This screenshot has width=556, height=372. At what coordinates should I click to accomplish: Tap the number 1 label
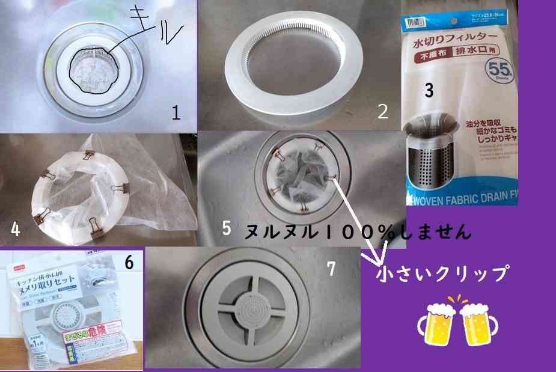point(176,112)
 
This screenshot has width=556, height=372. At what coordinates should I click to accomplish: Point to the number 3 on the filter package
point(429,91)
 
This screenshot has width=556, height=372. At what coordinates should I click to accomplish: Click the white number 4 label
point(16,230)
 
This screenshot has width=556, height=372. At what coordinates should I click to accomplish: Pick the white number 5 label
point(226,228)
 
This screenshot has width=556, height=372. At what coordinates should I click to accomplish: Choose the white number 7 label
point(330,269)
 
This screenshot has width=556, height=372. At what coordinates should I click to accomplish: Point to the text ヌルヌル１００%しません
point(357,232)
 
